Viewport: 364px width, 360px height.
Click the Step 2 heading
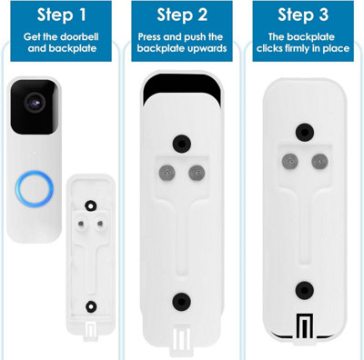180,15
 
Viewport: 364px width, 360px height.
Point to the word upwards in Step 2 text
205,48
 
